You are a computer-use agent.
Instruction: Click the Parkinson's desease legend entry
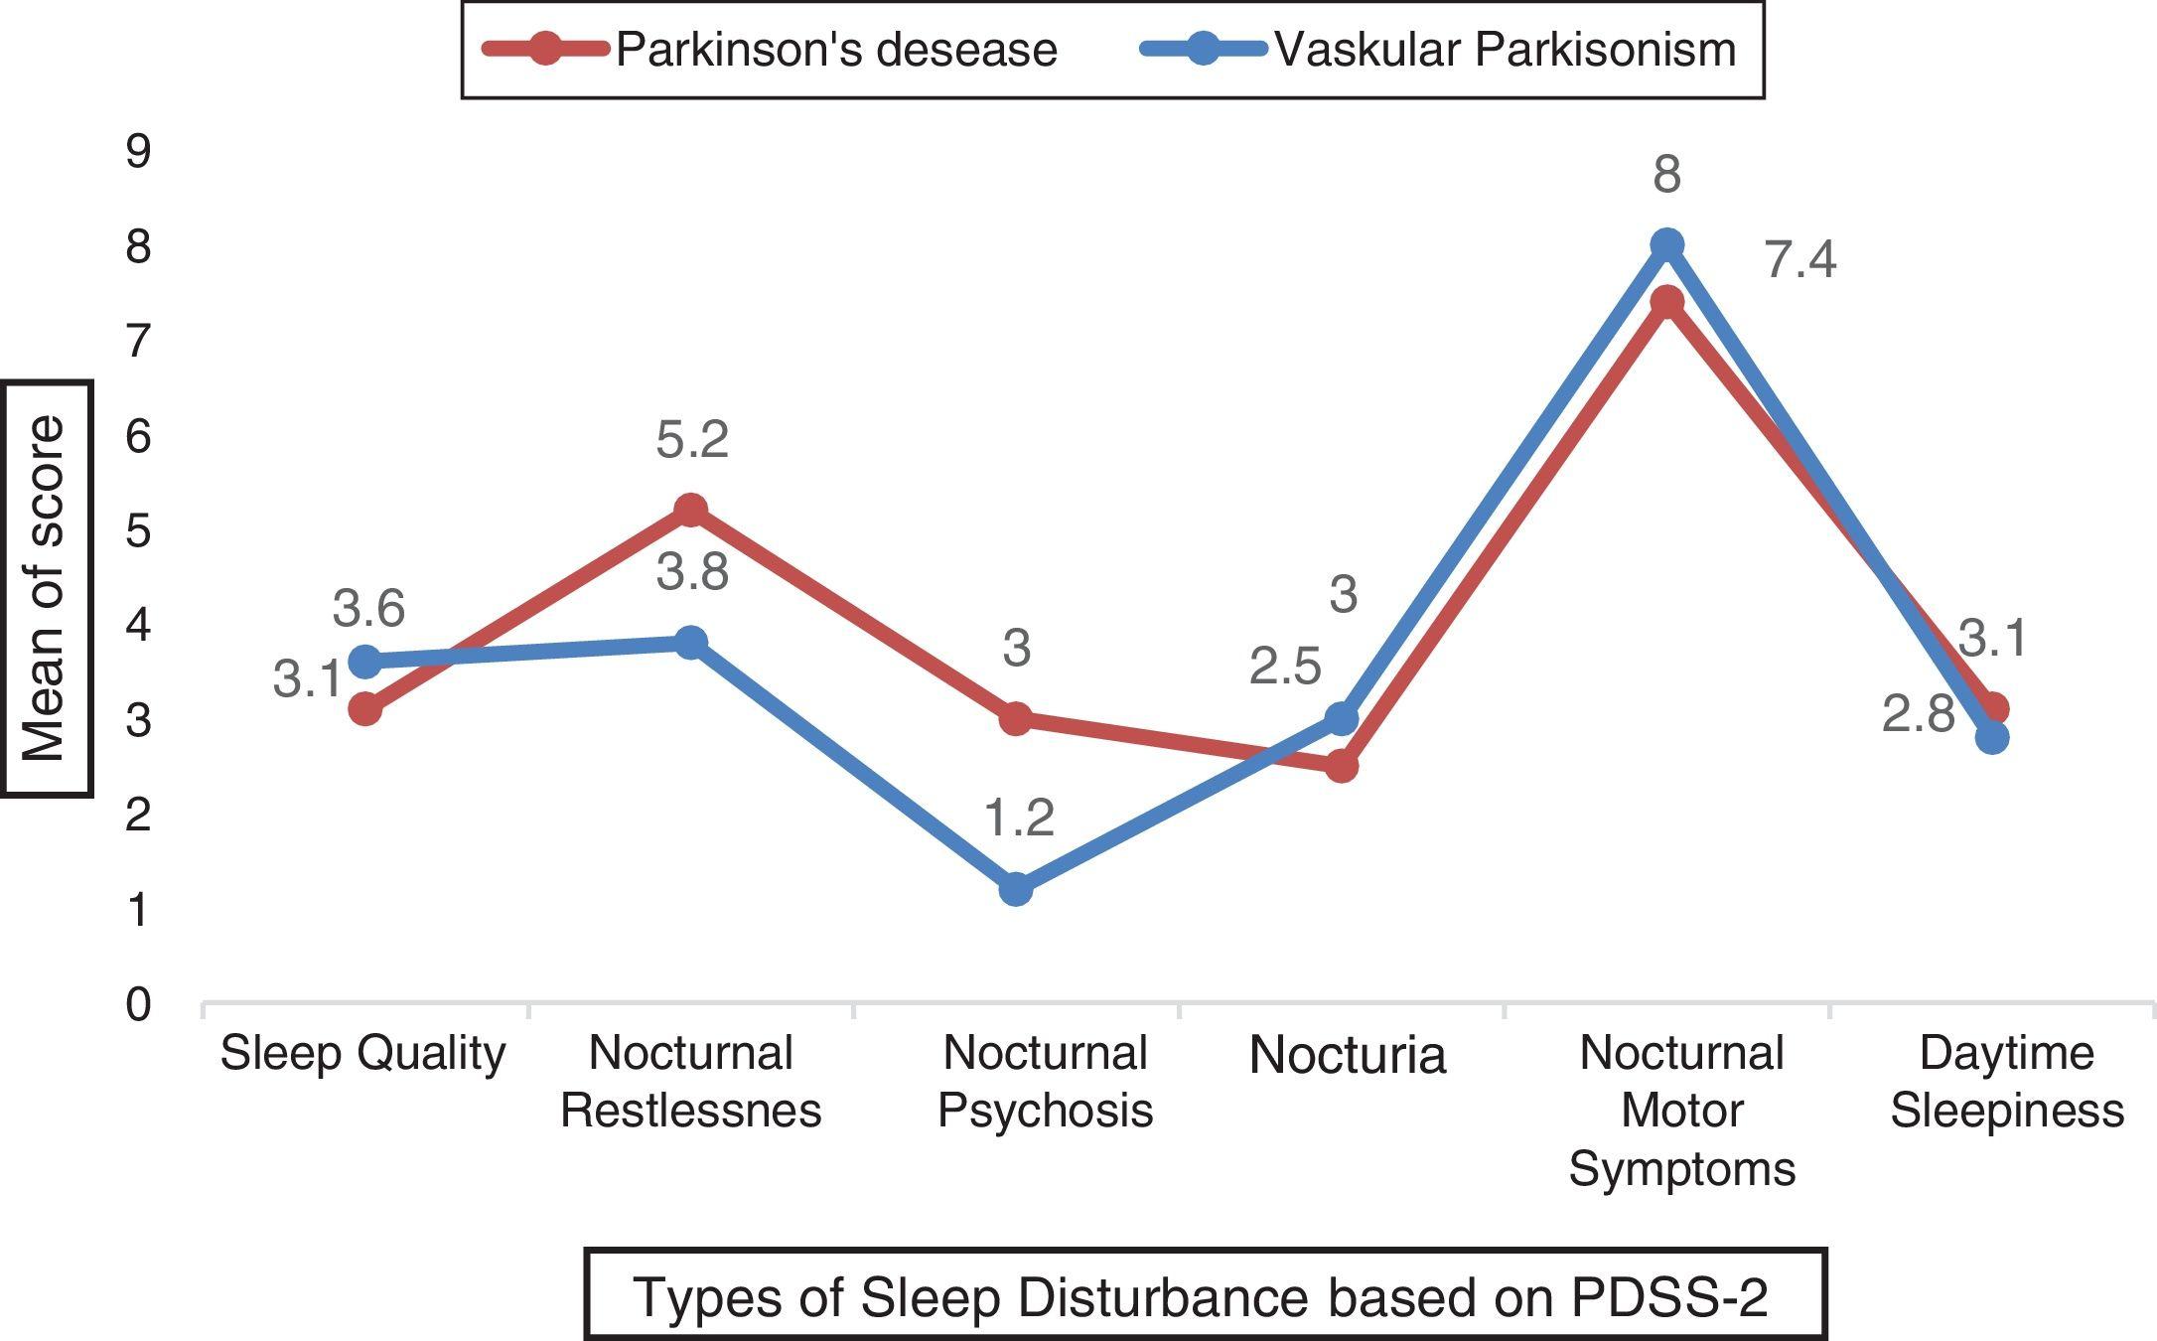(x=770, y=49)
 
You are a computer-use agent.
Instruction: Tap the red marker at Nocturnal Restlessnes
(x=690, y=511)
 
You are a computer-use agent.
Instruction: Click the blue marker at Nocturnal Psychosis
(x=1016, y=888)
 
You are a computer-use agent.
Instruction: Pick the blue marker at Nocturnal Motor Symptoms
(x=1666, y=245)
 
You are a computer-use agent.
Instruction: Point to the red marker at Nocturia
(x=1341, y=766)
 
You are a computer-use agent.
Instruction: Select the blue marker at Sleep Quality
(x=365, y=661)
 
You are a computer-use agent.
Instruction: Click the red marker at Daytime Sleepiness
(x=1992, y=708)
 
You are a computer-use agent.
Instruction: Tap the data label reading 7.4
(x=1800, y=260)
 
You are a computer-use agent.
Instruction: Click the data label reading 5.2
(x=692, y=439)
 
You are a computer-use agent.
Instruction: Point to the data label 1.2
(x=1019, y=818)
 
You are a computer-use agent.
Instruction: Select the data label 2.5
(x=1285, y=667)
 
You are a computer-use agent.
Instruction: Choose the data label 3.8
(x=692, y=572)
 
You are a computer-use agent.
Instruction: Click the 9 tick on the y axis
(x=139, y=152)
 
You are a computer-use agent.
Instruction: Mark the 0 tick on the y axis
(x=139, y=1004)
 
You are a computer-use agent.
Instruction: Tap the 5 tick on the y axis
(x=139, y=531)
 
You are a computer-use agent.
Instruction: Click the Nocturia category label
(x=1347, y=1055)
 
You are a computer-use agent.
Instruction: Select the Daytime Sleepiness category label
(x=2006, y=1082)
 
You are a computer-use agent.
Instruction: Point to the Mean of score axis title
(x=46, y=588)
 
